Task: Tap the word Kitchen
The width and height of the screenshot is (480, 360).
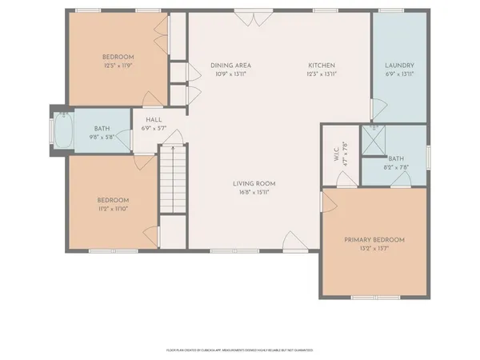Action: [x=322, y=66]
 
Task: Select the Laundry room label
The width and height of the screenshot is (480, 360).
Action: [x=398, y=66]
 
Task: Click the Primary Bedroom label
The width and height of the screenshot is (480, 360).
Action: [x=374, y=240]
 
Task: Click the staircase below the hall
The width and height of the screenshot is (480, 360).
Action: [x=172, y=180]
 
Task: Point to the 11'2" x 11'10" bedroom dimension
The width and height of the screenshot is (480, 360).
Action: [x=113, y=208]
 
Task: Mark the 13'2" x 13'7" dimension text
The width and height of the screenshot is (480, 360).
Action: [x=374, y=248]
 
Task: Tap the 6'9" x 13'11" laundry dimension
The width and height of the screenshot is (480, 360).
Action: [x=398, y=74]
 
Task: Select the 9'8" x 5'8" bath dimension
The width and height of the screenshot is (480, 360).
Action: [x=101, y=135]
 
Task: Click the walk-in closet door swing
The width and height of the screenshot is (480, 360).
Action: [x=330, y=200]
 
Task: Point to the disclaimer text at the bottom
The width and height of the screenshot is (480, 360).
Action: [x=239, y=350]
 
